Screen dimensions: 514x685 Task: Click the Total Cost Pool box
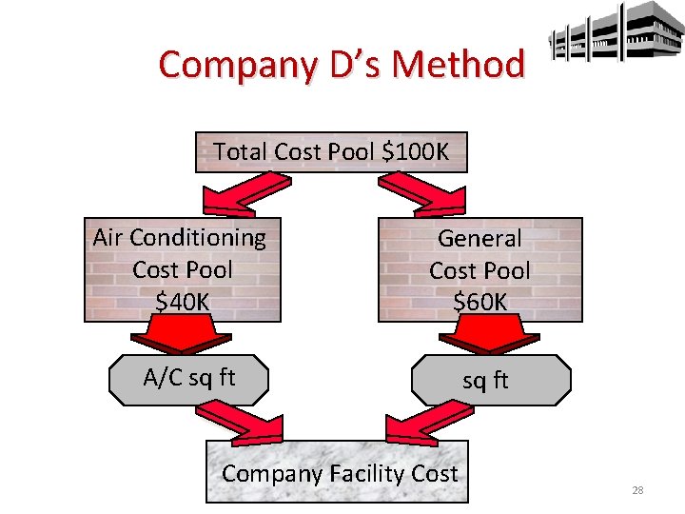[x=331, y=151]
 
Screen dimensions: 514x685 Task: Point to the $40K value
[x=182, y=302]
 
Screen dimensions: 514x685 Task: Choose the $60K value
[x=479, y=303]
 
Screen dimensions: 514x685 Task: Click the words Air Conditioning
[x=180, y=237]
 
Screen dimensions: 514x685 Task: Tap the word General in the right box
[x=479, y=238]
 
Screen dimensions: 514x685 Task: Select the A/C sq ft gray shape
[x=188, y=379]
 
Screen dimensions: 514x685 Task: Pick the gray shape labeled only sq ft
[x=490, y=381]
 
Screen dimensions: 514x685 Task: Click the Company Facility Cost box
[x=338, y=473]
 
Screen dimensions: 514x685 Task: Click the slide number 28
[x=637, y=490]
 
